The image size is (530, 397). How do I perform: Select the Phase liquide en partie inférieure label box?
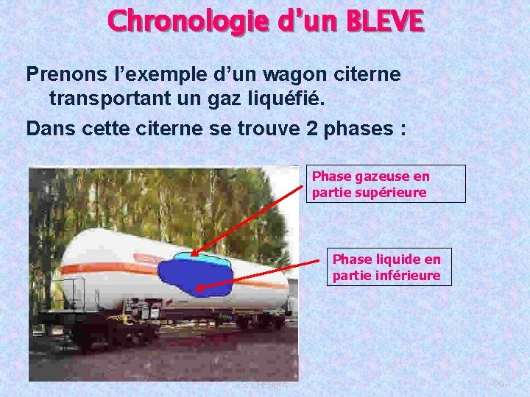point(389,268)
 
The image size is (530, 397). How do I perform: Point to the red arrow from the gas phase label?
point(250,220)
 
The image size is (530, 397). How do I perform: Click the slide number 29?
point(498,385)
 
